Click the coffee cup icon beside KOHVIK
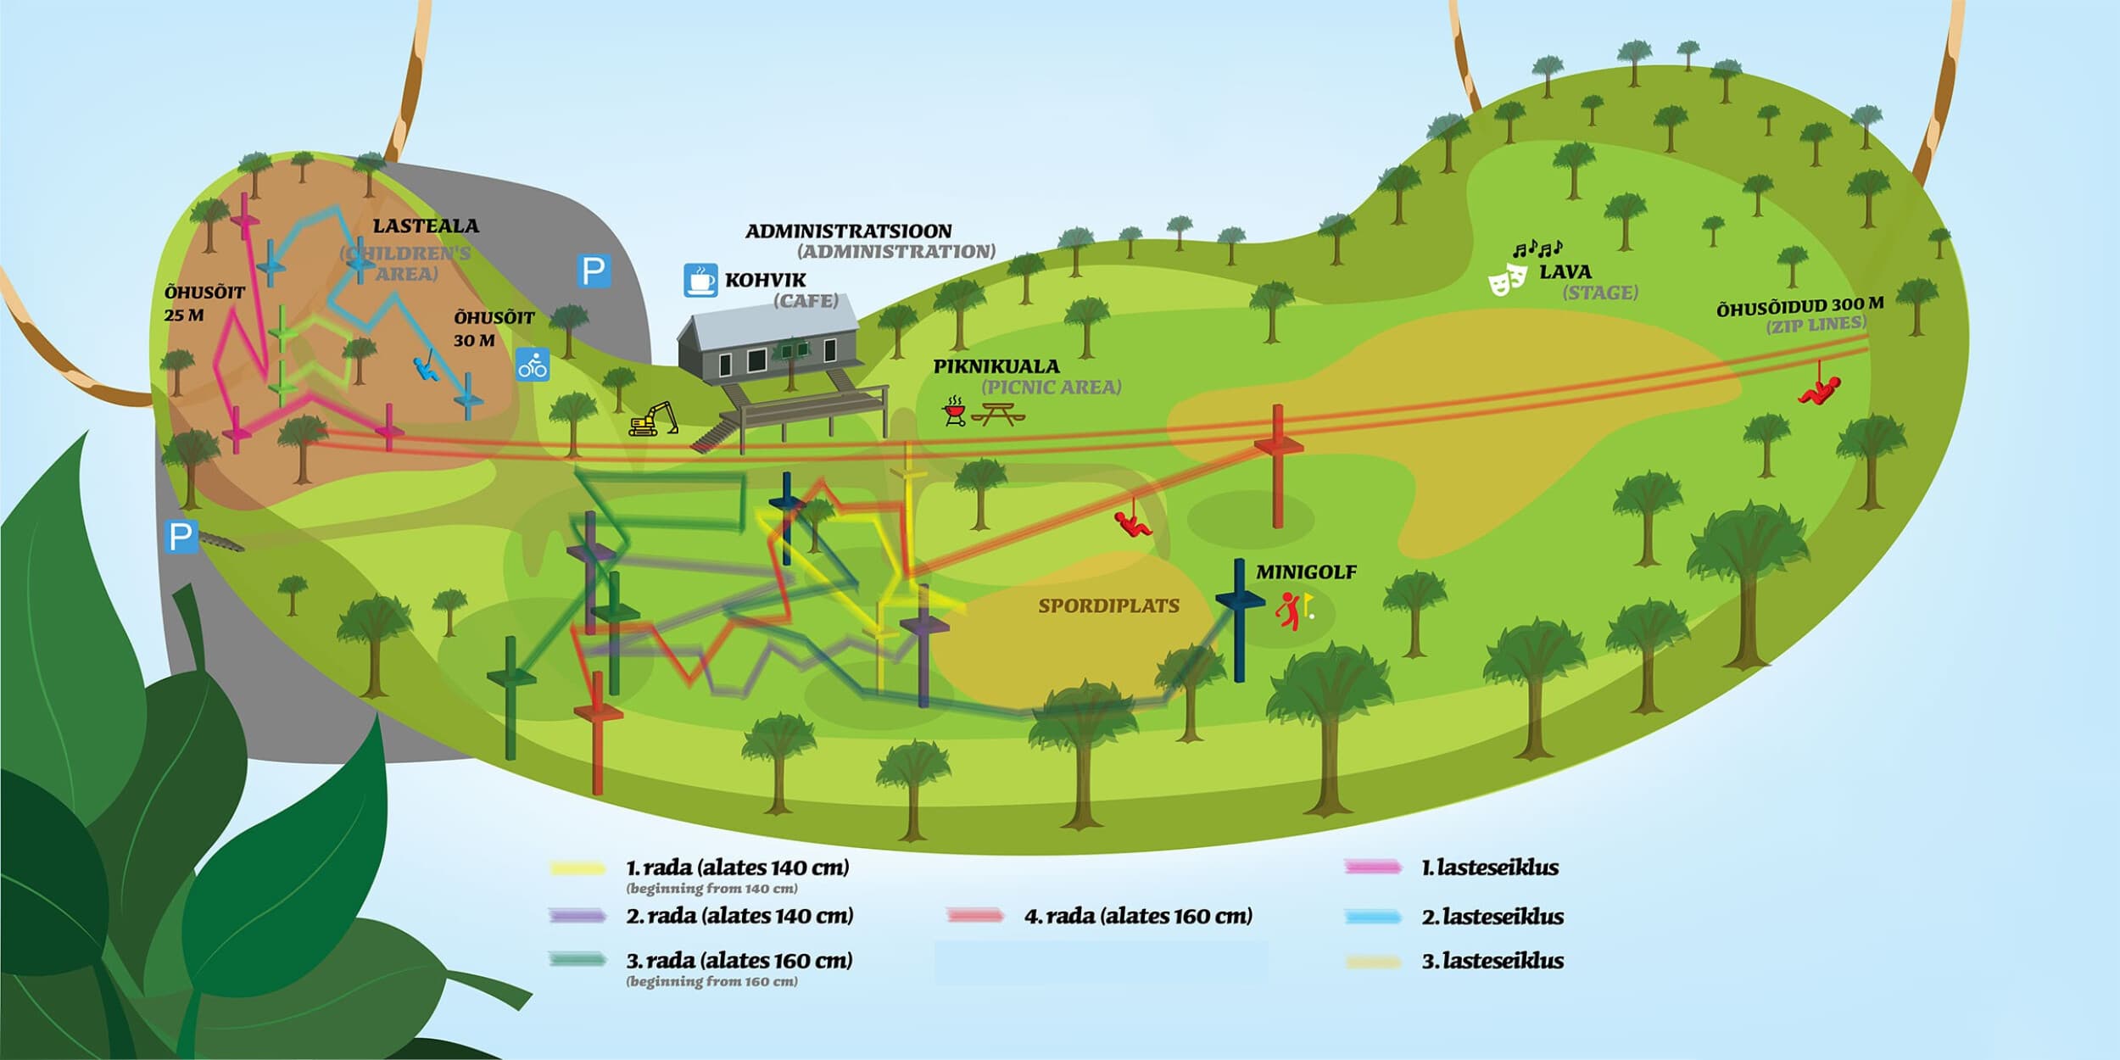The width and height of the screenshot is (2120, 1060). pyautogui.click(x=701, y=280)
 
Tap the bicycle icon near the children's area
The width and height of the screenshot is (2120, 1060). pyautogui.click(x=533, y=365)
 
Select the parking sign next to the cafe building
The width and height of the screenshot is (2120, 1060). pyautogui.click(x=594, y=271)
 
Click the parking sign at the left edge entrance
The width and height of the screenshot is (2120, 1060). pyautogui.click(x=181, y=536)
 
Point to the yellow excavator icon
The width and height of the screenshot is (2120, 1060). pyautogui.click(x=653, y=419)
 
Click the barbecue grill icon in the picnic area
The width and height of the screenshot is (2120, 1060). pyautogui.click(x=954, y=410)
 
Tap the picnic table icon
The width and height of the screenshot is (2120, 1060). pyautogui.click(x=998, y=414)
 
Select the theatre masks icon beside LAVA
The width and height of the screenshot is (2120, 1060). pyautogui.click(x=1509, y=278)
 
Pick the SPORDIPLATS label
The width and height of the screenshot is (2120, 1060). pyautogui.click(x=1109, y=605)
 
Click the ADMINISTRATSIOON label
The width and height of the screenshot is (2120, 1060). pyautogui.click(x=849, y=231)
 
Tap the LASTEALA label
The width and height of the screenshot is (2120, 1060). pyautogui.click(x=426, y=226)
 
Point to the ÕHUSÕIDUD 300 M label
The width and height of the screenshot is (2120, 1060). pyautogui.click(x=1799, y=306)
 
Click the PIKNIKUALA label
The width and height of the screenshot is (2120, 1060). pyautogui.click(x=996, y=366)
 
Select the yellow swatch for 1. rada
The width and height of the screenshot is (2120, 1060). pyautogui.click(x=577, y=868)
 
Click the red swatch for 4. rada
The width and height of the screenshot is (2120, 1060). pyautogui.click(x=975, y=916)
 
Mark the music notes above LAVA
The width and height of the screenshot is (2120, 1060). pyautogui.click(x=1538, y=249)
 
